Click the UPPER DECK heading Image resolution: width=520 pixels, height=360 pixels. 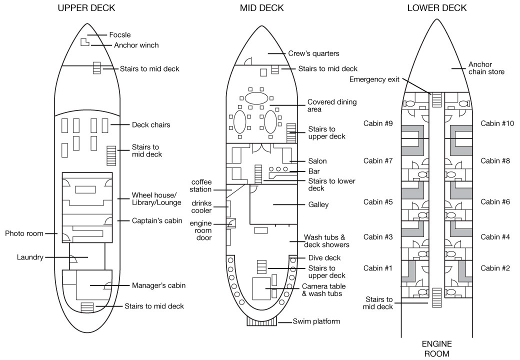pyautogui.click(x=86, y=8)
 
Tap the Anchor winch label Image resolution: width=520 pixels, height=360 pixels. pyautogui.click(x=136, y=45)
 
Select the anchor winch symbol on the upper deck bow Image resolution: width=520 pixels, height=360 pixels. pyautogui.click(x=85, y=42)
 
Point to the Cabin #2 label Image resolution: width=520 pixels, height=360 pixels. pyautogui.click(x=495, y=268)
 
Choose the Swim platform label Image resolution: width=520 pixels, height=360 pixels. pyautogui.click(x=316, y=321)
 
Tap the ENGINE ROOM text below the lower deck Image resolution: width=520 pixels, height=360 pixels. pyautogui.click(x=437, y=348)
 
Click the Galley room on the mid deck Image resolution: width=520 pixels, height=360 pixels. pyautogui.click(x=272, y=204)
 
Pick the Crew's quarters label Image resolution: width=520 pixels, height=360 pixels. pyautogui.click(x=314, y=53)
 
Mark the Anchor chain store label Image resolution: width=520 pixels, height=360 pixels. pyautogui.click(x=486, y=68)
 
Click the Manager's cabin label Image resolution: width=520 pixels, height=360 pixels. pyautogui.click(x=158, y=286)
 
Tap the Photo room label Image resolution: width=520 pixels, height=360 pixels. pyautogui.click(x=24, y=233)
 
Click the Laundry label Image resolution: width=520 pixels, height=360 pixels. pyautogui.click(x=30, y=257)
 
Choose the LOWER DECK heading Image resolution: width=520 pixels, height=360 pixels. pyautogui.click(x=436, y=8)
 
